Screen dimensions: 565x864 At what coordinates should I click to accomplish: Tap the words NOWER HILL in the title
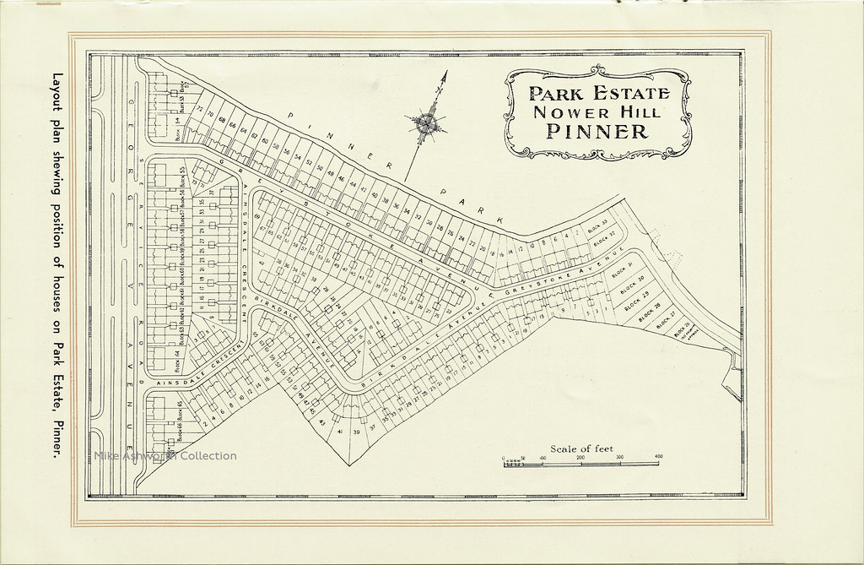tap(598, 111)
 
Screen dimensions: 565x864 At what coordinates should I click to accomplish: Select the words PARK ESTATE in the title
tap(598, 93)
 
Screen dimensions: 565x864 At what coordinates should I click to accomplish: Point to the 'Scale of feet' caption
tap(581, 448)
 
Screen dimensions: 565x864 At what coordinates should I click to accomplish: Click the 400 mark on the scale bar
tap(658, 457)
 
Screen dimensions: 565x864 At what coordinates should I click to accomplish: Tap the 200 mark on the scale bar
tap(580, 457)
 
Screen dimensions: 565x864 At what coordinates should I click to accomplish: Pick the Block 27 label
tap(667, 319)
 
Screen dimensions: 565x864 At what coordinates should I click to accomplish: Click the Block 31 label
tap(625, 267)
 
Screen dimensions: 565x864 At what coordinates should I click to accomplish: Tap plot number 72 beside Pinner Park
tap(199, 110)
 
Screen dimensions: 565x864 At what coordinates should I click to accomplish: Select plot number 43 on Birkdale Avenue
tap(321, 422)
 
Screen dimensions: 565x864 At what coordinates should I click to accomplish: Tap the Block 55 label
tap(182, 173)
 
